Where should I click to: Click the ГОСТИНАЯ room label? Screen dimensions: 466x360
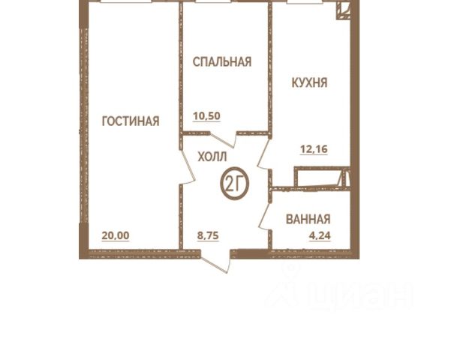click(x=131, y=121)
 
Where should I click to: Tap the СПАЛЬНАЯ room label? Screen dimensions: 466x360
click(x=222, y=61)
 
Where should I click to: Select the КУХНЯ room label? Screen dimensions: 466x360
click(x=309, y=82)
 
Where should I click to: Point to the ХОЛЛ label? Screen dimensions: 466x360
click(x=212, y=157)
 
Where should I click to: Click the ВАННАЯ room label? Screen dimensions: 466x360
click(x=308, y=219)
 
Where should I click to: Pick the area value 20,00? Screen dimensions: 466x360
click(x=116, y=235)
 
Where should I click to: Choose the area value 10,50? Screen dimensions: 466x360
click(x=206, y=115)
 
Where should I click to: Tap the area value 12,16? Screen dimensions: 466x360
click(x=314, y=148)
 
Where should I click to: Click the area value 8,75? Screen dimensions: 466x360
click(x=208, y=235)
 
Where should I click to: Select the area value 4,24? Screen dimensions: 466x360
click(x=320, y=235)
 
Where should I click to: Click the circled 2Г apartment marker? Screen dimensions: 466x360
click(x=234, y=183)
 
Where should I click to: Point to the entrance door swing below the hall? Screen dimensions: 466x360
click(x=216, y=262)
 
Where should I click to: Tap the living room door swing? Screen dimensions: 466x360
click(x=188, y=166)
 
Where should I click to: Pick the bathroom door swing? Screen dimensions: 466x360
click(x=264, y=215)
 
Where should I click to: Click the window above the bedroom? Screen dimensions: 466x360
click(x=213, y=1)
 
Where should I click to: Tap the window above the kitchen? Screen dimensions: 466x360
click(x=305, y=1)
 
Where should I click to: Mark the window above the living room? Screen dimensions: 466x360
click(x=125, y=1)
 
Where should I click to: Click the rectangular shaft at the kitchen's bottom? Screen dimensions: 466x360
click(x=317, y=177)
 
